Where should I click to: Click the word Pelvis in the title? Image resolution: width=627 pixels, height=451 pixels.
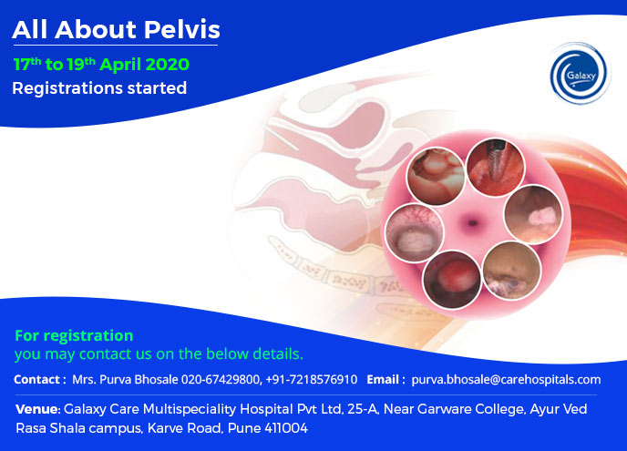pos(182,29)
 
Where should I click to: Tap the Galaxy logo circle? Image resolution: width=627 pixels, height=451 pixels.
pos(579,74)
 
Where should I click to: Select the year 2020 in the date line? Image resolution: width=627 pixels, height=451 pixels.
pos(167,65)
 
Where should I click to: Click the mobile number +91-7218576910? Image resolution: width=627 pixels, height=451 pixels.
pos(312,379)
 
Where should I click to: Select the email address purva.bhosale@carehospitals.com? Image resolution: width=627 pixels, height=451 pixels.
pos(506,379)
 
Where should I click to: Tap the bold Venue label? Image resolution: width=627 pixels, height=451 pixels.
pos(38,409)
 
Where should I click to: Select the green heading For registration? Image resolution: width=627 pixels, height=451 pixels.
pos(74,335)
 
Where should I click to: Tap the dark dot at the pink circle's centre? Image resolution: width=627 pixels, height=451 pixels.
pos(473,222)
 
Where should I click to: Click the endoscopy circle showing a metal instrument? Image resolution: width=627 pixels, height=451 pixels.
pos(496,167)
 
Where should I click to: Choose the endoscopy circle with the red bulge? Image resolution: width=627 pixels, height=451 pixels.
pos(452,279)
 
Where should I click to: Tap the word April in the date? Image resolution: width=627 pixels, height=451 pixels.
pos(120,65)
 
